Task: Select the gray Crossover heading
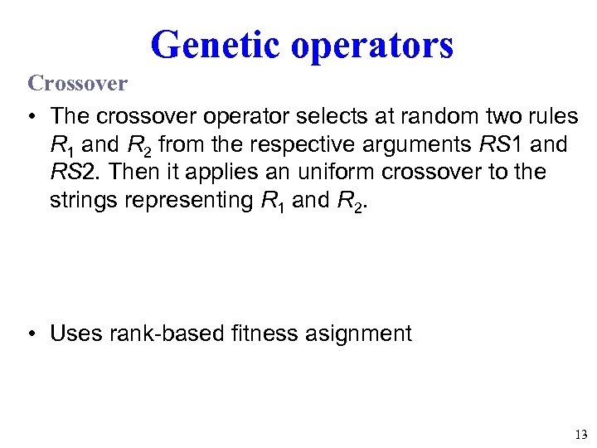pyautogui.click(x=78, y=83)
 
